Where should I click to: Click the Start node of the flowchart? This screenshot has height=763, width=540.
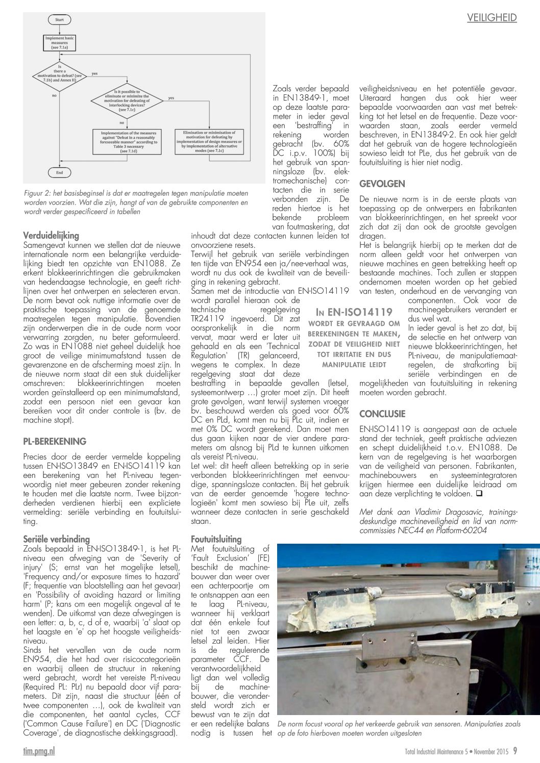[59, 20]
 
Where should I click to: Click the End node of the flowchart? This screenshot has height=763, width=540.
[59, 173]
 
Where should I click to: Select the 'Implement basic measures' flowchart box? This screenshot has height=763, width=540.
[59, 43]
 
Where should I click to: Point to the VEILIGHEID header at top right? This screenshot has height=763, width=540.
[492, 18]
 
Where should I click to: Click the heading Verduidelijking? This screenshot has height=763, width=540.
[51, 236]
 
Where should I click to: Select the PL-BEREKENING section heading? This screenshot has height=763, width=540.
[55, 442]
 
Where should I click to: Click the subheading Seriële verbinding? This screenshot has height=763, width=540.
[56, 539]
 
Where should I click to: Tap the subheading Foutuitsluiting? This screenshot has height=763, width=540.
[216, 539]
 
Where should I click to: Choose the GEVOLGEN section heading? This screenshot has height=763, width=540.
[382, 184]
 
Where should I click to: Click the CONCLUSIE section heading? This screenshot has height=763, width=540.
[382, 414]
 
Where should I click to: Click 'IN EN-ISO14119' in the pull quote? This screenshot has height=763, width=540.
[354, 312]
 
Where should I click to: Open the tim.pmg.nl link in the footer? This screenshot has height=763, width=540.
[39, 751]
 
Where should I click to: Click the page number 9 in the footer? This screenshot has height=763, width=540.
[515, 751]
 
